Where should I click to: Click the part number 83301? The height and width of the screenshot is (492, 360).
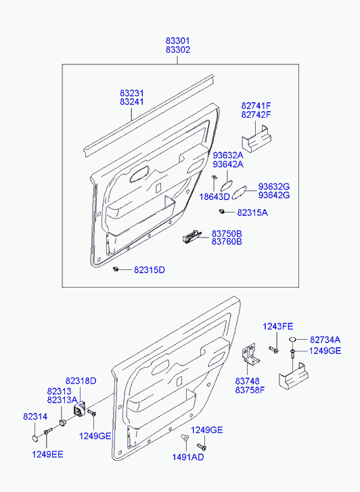pyautogui.click(x=178, y=41)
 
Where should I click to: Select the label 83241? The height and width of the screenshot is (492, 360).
pyautogui.click(x=132, y=102)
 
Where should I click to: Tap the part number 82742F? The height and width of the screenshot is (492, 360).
pyautogui.click(x=256, y=114)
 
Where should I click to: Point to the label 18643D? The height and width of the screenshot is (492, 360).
pyautogui.click(x=215, y=197)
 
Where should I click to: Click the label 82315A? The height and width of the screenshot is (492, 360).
pyautogui.click(x=252, y=213)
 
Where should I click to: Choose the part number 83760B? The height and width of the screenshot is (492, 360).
pyautogui.click(x=227, y=242)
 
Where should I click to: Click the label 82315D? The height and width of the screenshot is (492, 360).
pyautogui.click(x=150, y=270)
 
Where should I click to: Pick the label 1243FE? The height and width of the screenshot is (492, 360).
pyautogui.click(x=277, y=327)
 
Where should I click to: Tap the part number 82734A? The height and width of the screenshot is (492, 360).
pyautogui.click(x=325, y=340)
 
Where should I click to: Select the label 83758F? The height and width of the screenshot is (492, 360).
pyautogui.click(x=250, y=390)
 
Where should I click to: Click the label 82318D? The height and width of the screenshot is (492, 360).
pyautogui.click(x=81, y=381)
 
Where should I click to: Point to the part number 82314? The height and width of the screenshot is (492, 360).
pyautogui.click(x=35, y=417)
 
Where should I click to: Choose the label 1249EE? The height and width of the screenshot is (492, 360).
pyautogui.click(x=47, y=454)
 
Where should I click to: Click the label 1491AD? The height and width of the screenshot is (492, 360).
pyautogui.click(x=188, y=457)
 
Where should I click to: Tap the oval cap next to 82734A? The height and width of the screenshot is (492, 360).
pyautogui.click(x=292, y=340)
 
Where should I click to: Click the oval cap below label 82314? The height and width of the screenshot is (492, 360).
pyautogui.click(x=35, y=438)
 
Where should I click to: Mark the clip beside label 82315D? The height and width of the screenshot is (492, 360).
pyautogui.click(x=116, y=269)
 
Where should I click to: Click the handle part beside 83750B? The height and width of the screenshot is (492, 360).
pyautogui.click(x=192, y=237)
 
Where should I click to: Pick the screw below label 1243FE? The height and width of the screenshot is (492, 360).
pyautogui.click(x=273, y=350)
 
